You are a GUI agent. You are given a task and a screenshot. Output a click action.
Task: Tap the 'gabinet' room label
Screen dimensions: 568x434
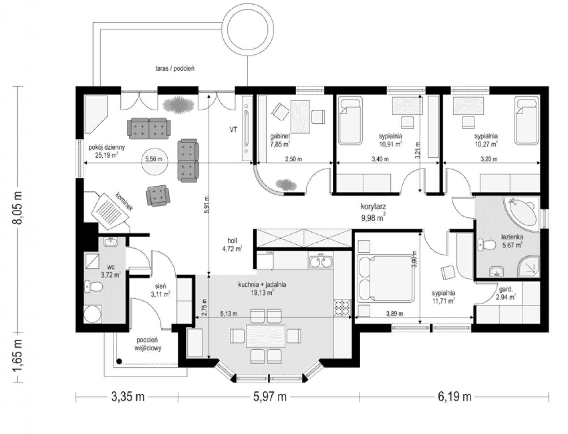tap(280, 136)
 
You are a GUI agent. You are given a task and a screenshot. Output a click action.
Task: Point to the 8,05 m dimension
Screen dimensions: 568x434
tap(19, 208)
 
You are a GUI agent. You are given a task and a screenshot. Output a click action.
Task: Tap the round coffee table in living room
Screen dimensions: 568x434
tap(155, 161)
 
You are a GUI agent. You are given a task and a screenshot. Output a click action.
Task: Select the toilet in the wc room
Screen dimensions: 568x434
tap(94, 287)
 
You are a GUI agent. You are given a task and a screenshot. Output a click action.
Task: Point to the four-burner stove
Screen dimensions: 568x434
tap(342, 308)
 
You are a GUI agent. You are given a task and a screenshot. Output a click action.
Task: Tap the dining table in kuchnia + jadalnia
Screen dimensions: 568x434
tap(266, 336)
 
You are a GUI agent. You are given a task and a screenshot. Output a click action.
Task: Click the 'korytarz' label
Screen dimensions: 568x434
tap(373, 207)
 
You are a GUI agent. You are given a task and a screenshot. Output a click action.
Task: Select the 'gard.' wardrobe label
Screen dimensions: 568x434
tap(505, 289)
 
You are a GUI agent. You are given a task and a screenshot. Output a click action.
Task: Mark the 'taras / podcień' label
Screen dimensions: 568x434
tap(175, 69)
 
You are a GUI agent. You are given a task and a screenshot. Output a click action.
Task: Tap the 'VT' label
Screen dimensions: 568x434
tap(233, 129)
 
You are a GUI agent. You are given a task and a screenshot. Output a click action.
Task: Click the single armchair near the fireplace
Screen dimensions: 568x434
tap(158, 196)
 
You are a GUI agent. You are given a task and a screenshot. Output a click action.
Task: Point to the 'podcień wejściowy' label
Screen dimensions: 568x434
tap(147, 344)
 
